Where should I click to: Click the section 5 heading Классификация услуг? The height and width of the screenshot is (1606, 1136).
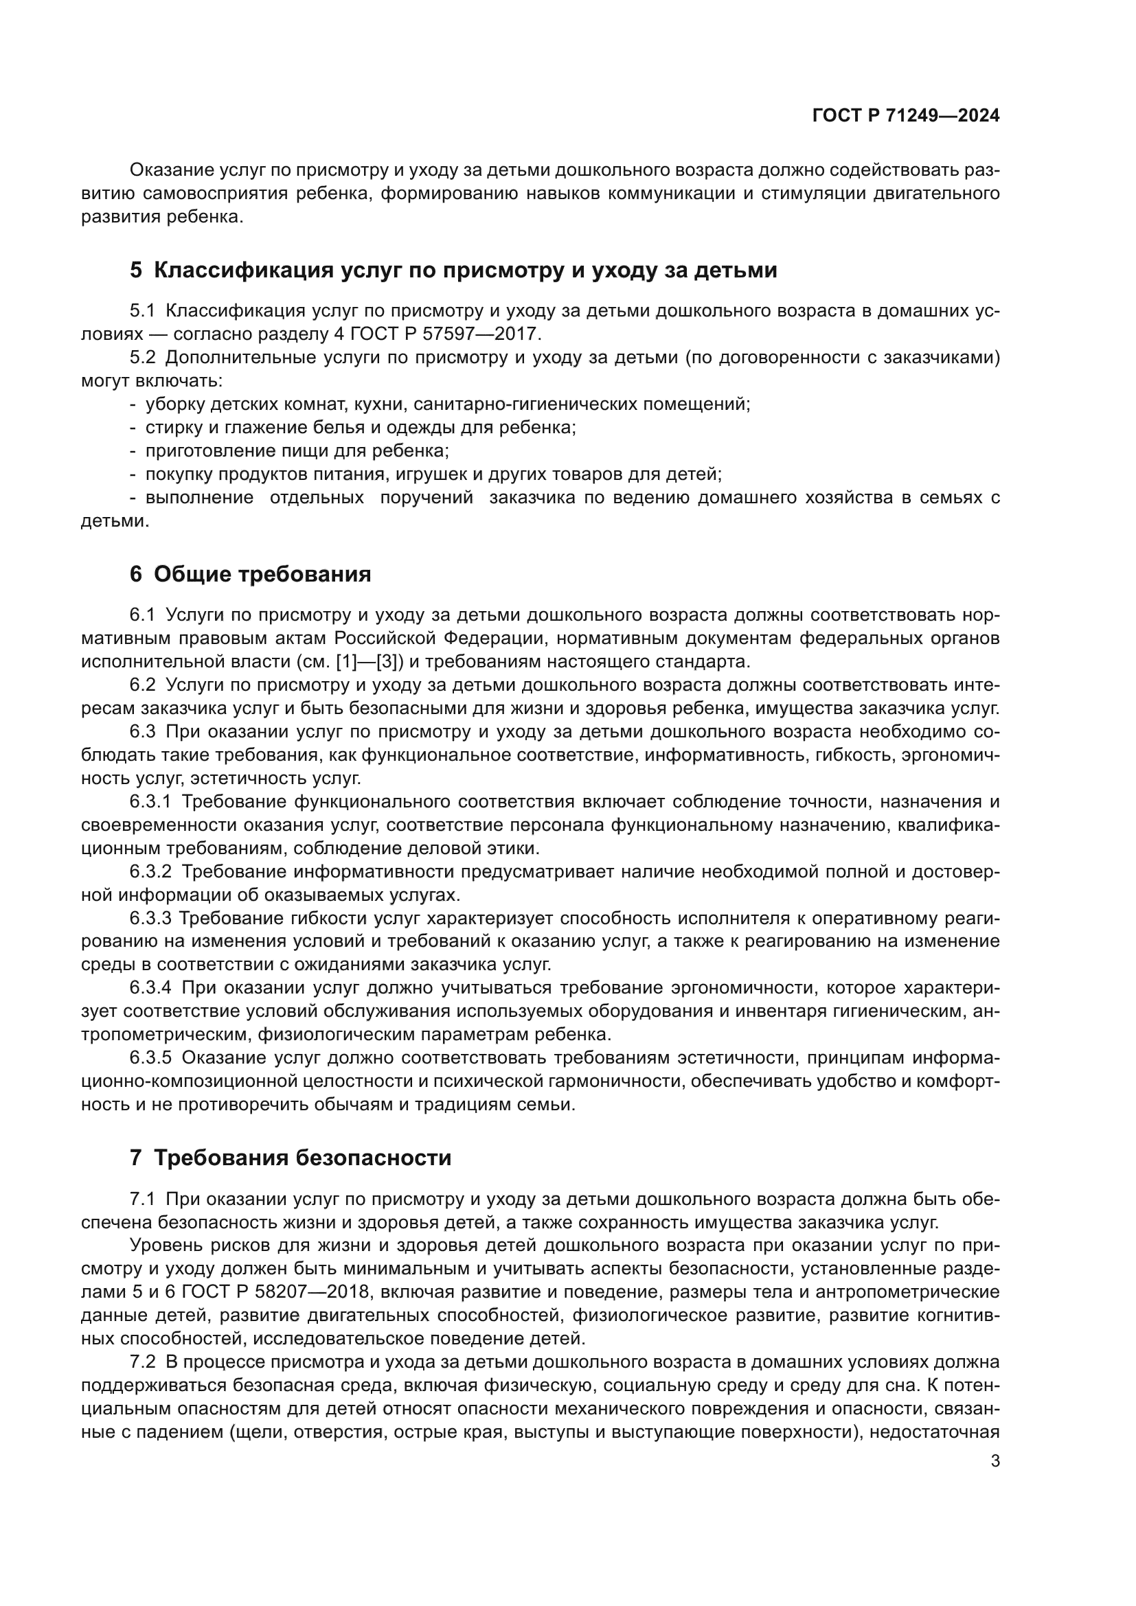pyautogui.click(x=453, y=270)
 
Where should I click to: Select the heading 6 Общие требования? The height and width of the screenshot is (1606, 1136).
pyautogui.click(x=251, y=574)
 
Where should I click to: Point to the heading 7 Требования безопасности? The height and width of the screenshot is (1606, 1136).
pyautogui.click(x=291, y=1158)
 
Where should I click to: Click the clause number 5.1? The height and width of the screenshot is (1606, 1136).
pyautogui.click(x=142, y=310)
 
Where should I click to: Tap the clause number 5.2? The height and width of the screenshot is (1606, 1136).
pyautogui.click(x=142, y=358)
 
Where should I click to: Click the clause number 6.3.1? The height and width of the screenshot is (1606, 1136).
pyautogui.click(x=150, y=801)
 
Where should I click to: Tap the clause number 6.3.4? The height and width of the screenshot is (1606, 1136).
pyautogui.click(x=150, y=987)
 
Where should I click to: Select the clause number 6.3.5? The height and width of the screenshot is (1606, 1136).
pyautogui.click(x=150, y=1057)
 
